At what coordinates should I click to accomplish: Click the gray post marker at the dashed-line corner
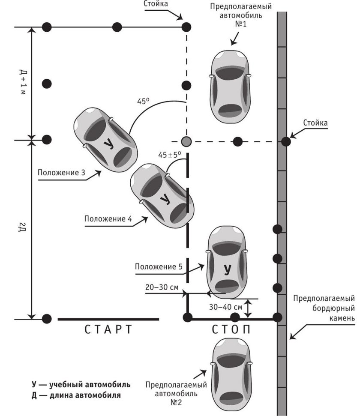click(x=186, y=141)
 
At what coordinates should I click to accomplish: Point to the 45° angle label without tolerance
click(x=143, y=102)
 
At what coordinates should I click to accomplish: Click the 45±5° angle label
click(x=170, y=154)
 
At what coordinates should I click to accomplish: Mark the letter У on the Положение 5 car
click(x=227, y=269)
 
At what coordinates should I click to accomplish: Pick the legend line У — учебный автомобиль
click(x=81, y=384)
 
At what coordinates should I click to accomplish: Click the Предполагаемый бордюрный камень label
click(x=325, y=308)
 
